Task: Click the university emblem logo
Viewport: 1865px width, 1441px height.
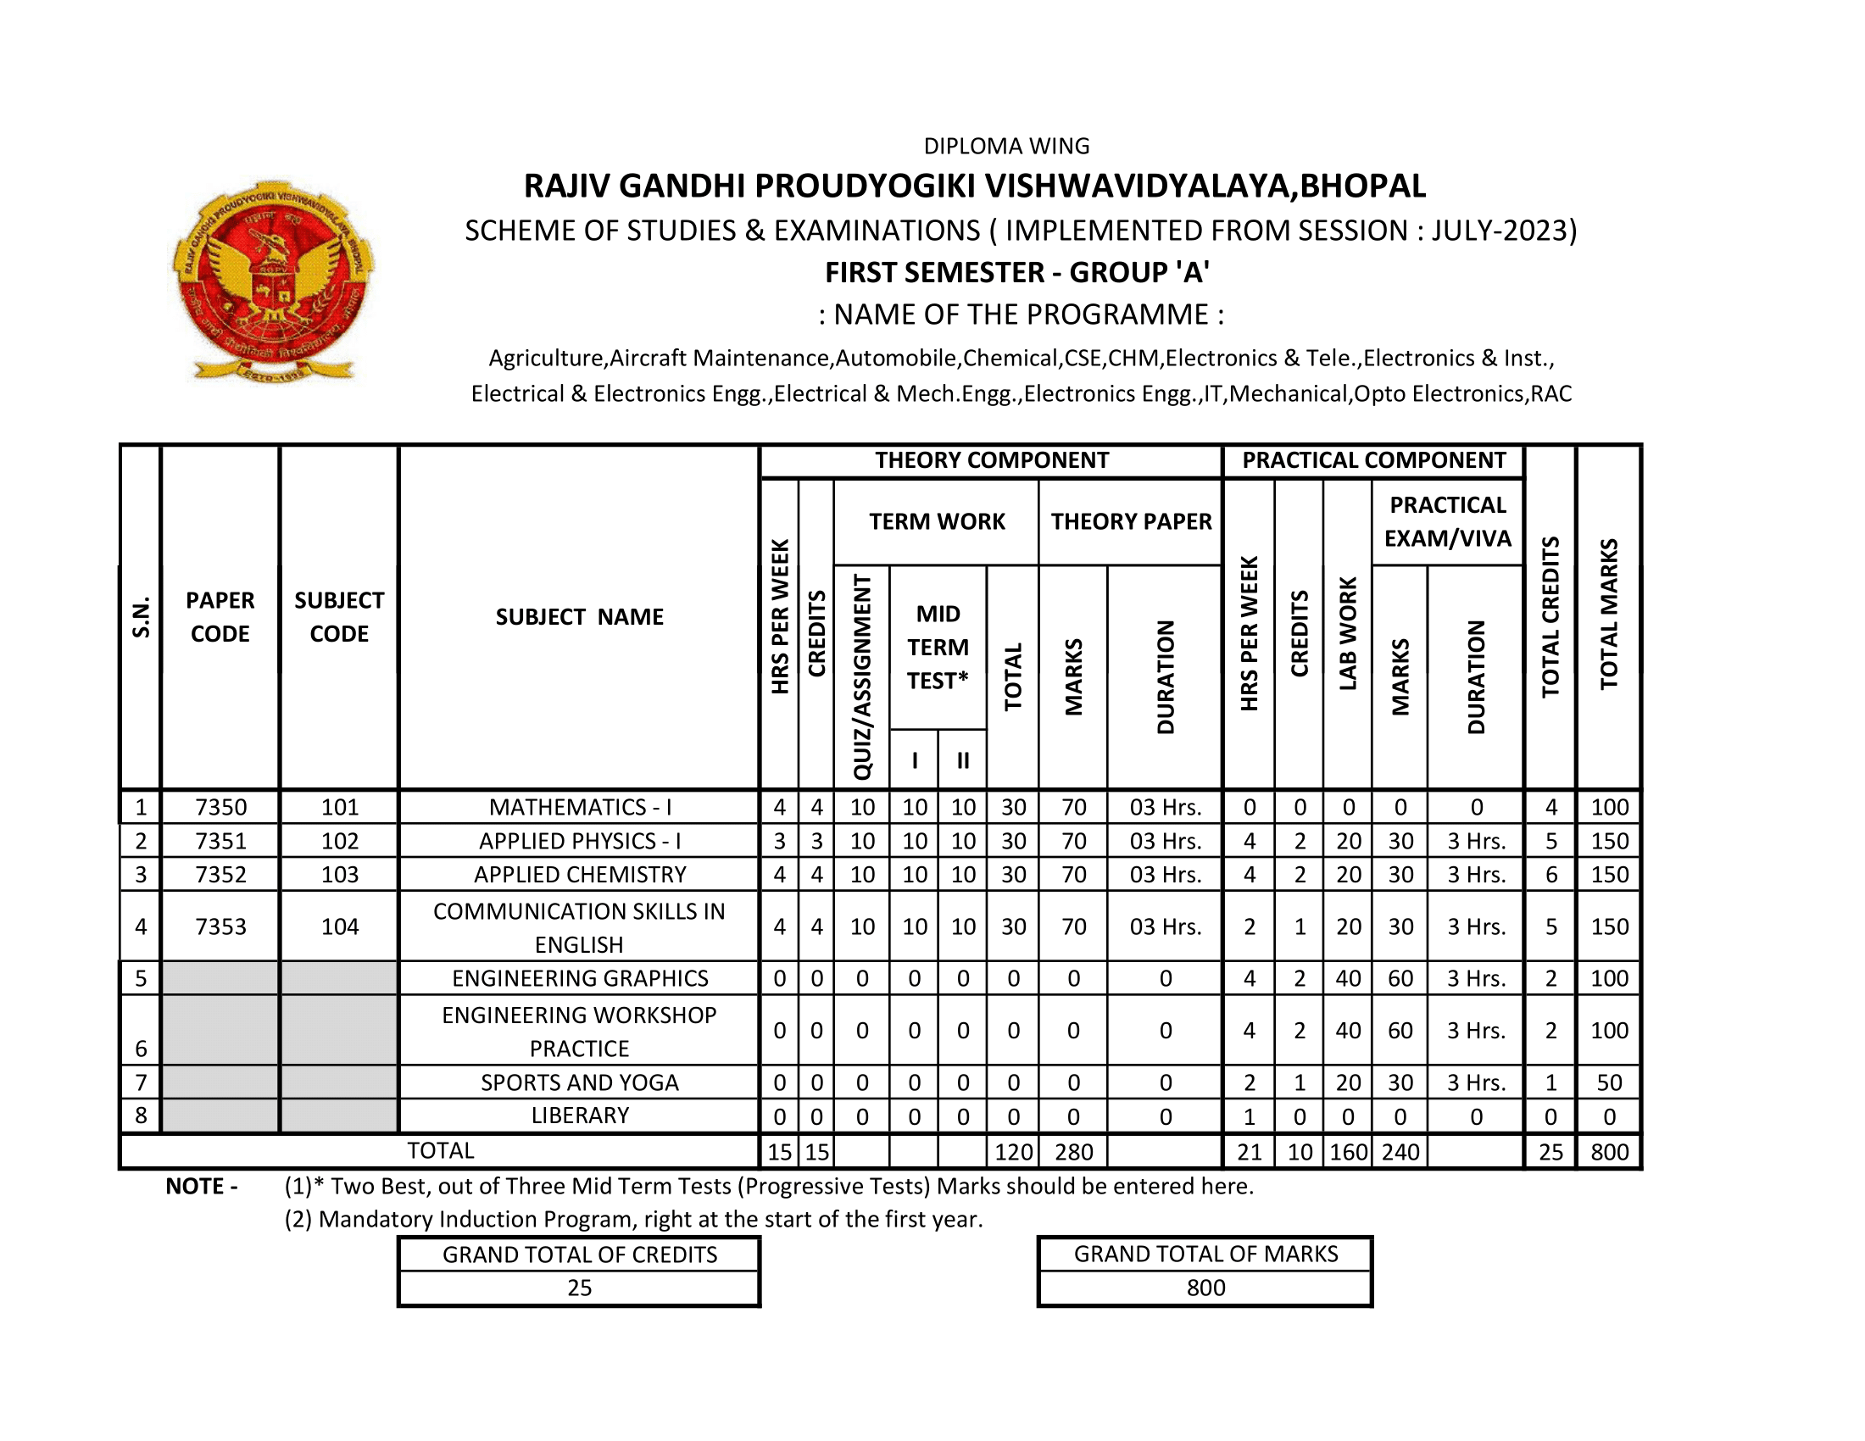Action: (x=273, y=281)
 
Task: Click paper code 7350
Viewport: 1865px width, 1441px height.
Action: (x=220, y=807)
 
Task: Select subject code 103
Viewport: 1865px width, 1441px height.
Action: (x=339, y=874)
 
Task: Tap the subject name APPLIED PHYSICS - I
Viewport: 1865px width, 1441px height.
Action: (x=579, y=841)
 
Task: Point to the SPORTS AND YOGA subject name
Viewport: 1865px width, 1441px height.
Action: (x=579, y=1082)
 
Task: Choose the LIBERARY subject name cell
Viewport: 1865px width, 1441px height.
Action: (x=579, y=1116)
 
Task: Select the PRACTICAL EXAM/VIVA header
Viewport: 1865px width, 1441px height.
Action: (x=1447, y=521)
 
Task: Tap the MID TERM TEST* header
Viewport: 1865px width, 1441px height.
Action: (x=938, y=647)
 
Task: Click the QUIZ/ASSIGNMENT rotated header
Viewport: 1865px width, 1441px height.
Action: (x=861, y=676)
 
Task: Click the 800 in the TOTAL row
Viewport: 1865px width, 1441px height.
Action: (x=1609, y=1152)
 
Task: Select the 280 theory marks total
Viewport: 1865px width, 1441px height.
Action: (x=1073, y=1152)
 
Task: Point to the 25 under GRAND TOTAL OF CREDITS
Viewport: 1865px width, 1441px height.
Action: (x=579, y=1288)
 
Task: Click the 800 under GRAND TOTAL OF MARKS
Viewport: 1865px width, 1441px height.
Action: (x=1205, y=1288)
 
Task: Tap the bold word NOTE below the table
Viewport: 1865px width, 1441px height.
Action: (x=196, y=1186)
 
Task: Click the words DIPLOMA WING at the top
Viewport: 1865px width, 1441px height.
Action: (x=1006, y=146)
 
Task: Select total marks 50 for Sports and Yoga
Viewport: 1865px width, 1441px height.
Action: (x=1609, y=1082)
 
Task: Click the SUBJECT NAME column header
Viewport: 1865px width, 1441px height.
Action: (x=579, y=616)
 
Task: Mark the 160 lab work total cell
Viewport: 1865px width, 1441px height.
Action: (x=1348, y=1152)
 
